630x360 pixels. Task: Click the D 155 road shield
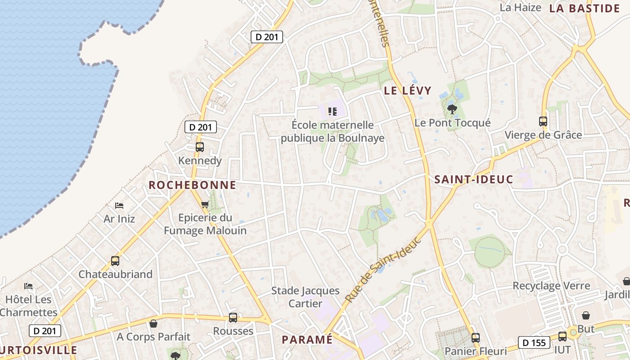click(534, 342)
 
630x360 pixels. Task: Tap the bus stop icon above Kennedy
click(199, 147)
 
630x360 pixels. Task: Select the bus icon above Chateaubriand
click(115, 261)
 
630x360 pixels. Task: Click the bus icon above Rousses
click(233, 317)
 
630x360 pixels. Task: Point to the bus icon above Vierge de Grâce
click(543, 121)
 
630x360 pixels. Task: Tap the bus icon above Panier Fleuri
click(476, 337)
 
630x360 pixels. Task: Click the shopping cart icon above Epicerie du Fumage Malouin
click(205, 205)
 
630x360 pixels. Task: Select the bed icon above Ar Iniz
click(119, 206)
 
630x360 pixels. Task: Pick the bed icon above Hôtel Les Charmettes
click(28, 286)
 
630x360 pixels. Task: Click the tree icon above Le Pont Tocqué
click(452, 109)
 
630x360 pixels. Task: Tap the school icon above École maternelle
click(333, 111)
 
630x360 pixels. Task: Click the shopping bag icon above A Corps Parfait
click(153, 323)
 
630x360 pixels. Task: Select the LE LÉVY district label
click(407, 90)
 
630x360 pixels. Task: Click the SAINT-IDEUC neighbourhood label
click(473, 180)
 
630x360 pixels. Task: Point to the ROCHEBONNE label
click(192, 185)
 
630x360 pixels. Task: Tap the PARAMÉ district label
click(307, 339)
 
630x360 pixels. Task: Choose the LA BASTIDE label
click(585, 8)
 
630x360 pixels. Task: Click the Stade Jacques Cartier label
click(305, 297)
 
